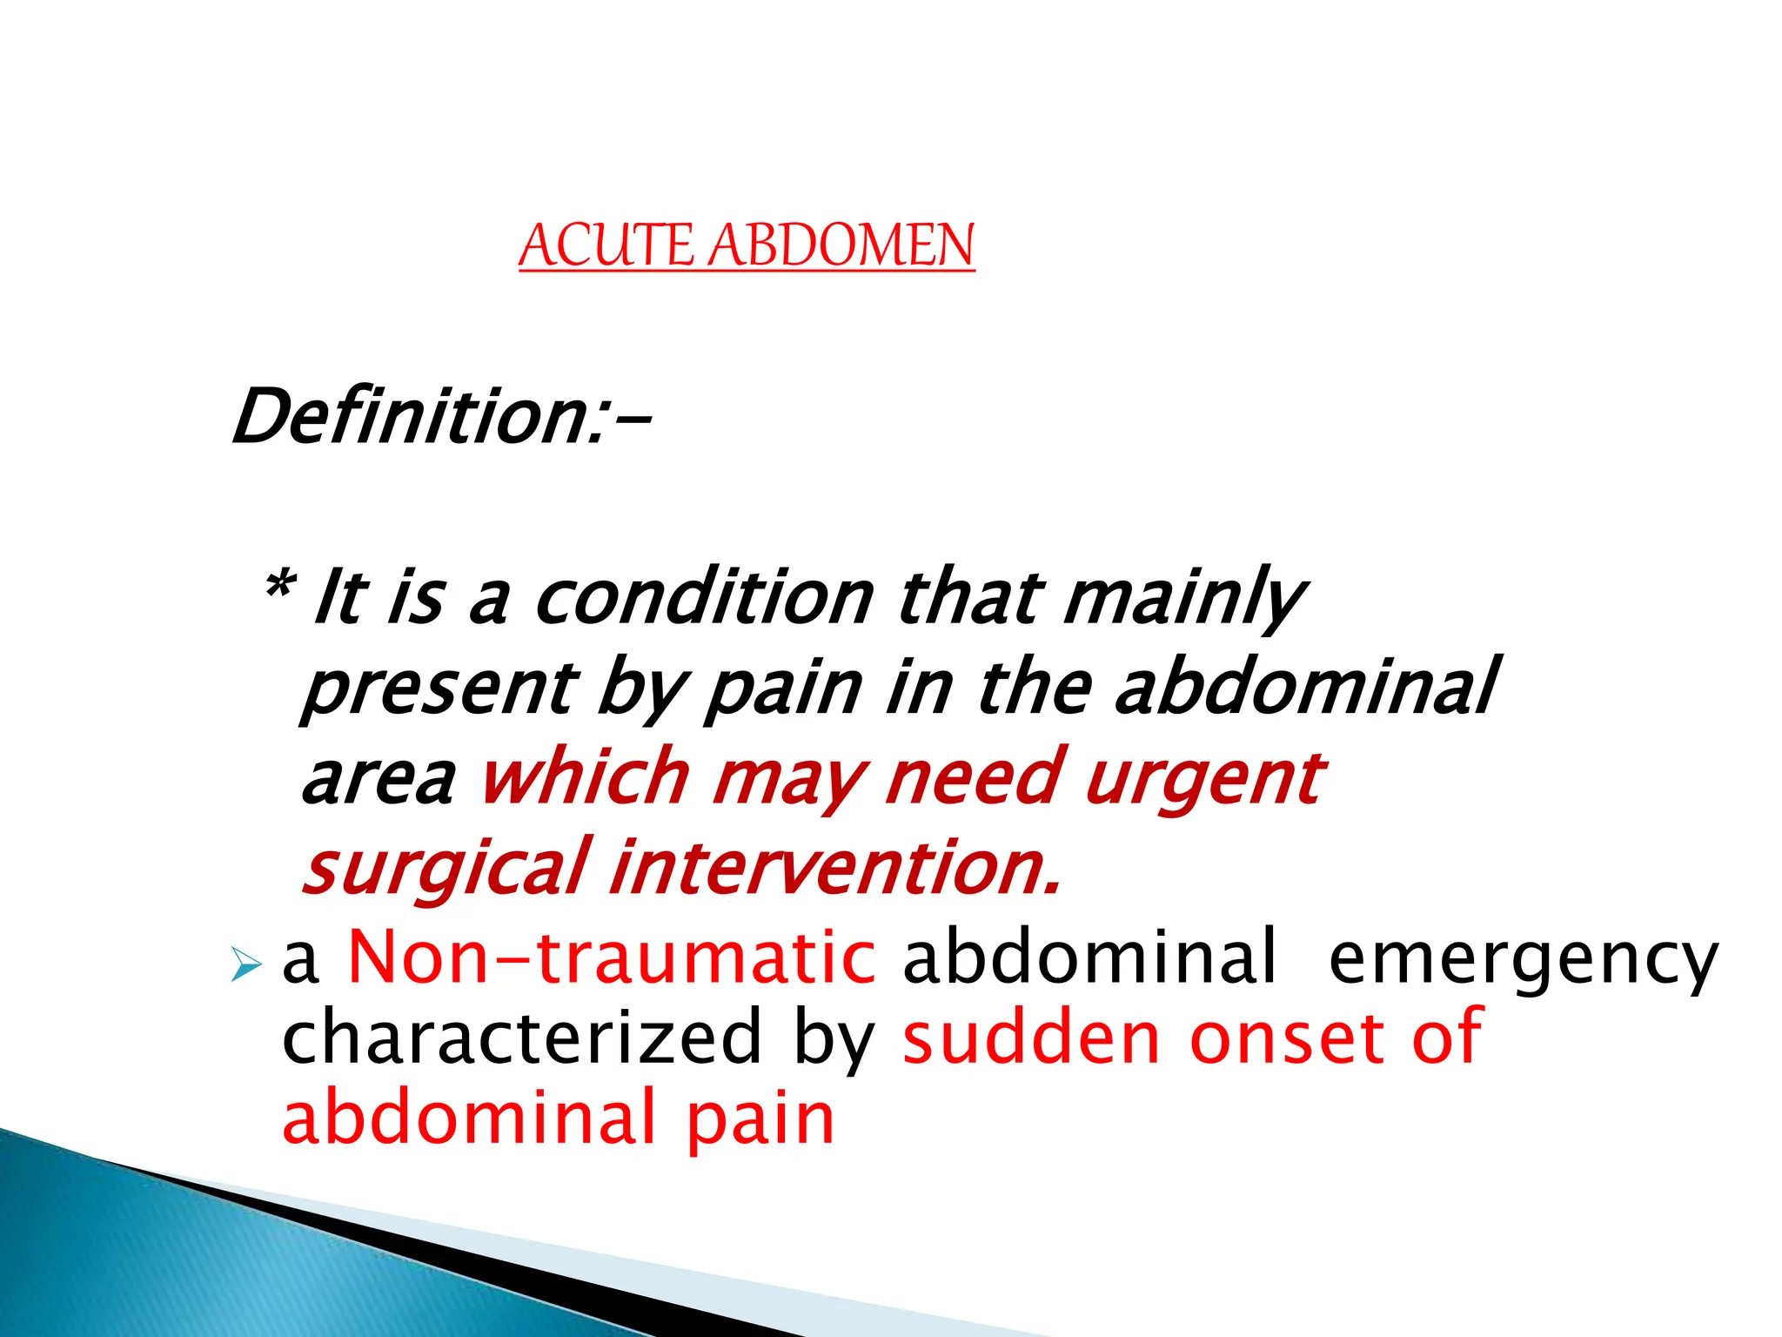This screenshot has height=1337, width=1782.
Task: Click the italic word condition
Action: (703, 598)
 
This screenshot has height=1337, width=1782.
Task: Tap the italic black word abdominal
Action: (1305, 687)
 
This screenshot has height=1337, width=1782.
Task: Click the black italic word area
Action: (378, 778)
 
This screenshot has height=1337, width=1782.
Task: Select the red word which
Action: (585, 776)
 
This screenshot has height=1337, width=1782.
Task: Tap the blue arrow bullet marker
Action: (246, 964)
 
